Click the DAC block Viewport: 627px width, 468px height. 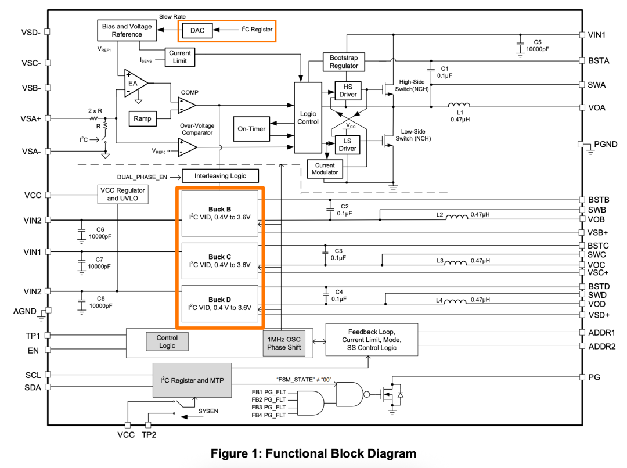(197, 30)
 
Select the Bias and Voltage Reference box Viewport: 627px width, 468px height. (127, 30)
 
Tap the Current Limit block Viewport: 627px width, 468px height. (180, 57)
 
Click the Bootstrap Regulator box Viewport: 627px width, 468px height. (344, 62)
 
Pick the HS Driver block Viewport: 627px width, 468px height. (348, 90)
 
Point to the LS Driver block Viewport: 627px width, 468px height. (348, 145)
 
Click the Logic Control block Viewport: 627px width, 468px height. (308, 118)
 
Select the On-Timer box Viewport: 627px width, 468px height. (251, 129)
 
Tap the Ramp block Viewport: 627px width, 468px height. (142, 118)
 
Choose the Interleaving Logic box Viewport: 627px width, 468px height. (220, 176)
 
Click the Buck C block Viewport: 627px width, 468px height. (219, 261)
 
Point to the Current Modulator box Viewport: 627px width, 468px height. (325, 169)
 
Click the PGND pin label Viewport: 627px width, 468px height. (606, 144)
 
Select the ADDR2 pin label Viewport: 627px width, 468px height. (601, 347)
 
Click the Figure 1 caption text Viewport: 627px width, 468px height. (313, 453)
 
